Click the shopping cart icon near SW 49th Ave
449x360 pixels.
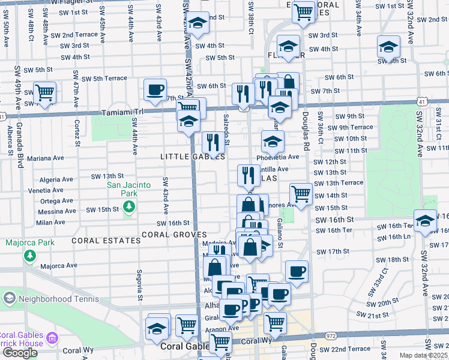pyautogui.click(x=44, y=92)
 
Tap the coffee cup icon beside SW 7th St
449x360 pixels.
pyautogui.click(x=155, y=89)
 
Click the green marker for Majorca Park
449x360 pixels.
pyautogui.click(x=29, y=256)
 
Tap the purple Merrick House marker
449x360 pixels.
pyautogui.click(x=52, y=339)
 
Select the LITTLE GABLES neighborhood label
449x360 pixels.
pyautogui.click(x=192, y=157)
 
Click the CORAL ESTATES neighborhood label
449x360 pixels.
pyautogui.click(x=106, y=241)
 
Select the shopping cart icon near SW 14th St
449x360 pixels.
pyautogui.click(x=300, y=194)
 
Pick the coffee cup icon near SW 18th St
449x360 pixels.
pyautogui.click(x=297, y=271)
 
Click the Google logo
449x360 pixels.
pyautogui.click(x=20, y=352)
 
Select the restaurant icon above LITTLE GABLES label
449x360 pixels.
pyautogui.click(x=212, y=142)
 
